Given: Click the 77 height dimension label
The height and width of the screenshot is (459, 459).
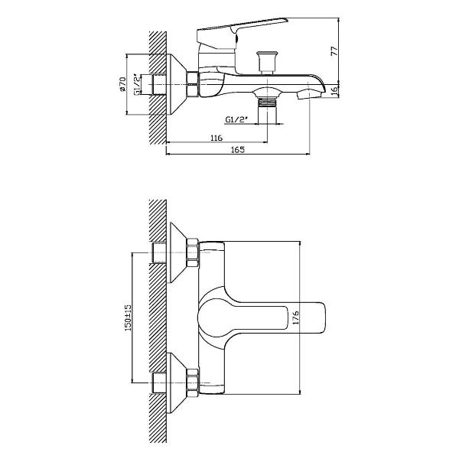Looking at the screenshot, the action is [x=334, y=51].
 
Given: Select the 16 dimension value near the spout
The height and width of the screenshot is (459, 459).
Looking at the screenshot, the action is [x=334, y=90].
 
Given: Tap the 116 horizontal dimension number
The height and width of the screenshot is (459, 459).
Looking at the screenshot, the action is [x=216, y=138].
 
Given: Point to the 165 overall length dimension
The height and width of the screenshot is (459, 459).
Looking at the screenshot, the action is [x=238, y=150].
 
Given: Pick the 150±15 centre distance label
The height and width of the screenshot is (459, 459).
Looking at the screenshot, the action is [x=128, y=317].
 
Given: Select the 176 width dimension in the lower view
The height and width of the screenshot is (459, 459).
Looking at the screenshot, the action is [x=296, y=317].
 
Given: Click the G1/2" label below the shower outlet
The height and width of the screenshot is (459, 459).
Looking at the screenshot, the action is [x=237, y=119].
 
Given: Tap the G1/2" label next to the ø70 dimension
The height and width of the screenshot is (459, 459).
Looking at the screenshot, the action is [x=137, y=85].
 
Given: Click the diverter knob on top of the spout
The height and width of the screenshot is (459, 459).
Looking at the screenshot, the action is [x=266, y=63].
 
